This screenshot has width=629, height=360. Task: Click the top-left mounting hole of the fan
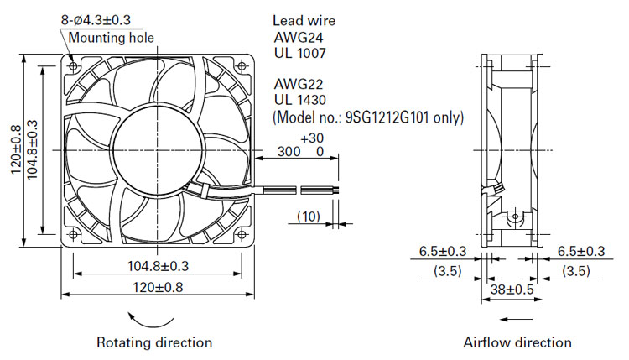click(x=73, y=65)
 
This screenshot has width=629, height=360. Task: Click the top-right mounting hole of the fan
click(x=242, y=65)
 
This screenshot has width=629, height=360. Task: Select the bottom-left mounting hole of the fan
click(x=73, y=234)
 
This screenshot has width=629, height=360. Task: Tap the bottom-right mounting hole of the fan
click(x=242, y=234)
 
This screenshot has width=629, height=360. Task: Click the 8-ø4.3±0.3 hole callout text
click(x=96, y=19)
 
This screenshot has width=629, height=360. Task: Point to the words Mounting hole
click(x=111, y=37)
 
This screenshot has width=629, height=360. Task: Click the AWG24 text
click(x=299, y=37)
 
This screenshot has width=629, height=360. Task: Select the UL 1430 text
click(x=300, y=100)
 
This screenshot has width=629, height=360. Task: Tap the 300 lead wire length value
click(x=289, y=151)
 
